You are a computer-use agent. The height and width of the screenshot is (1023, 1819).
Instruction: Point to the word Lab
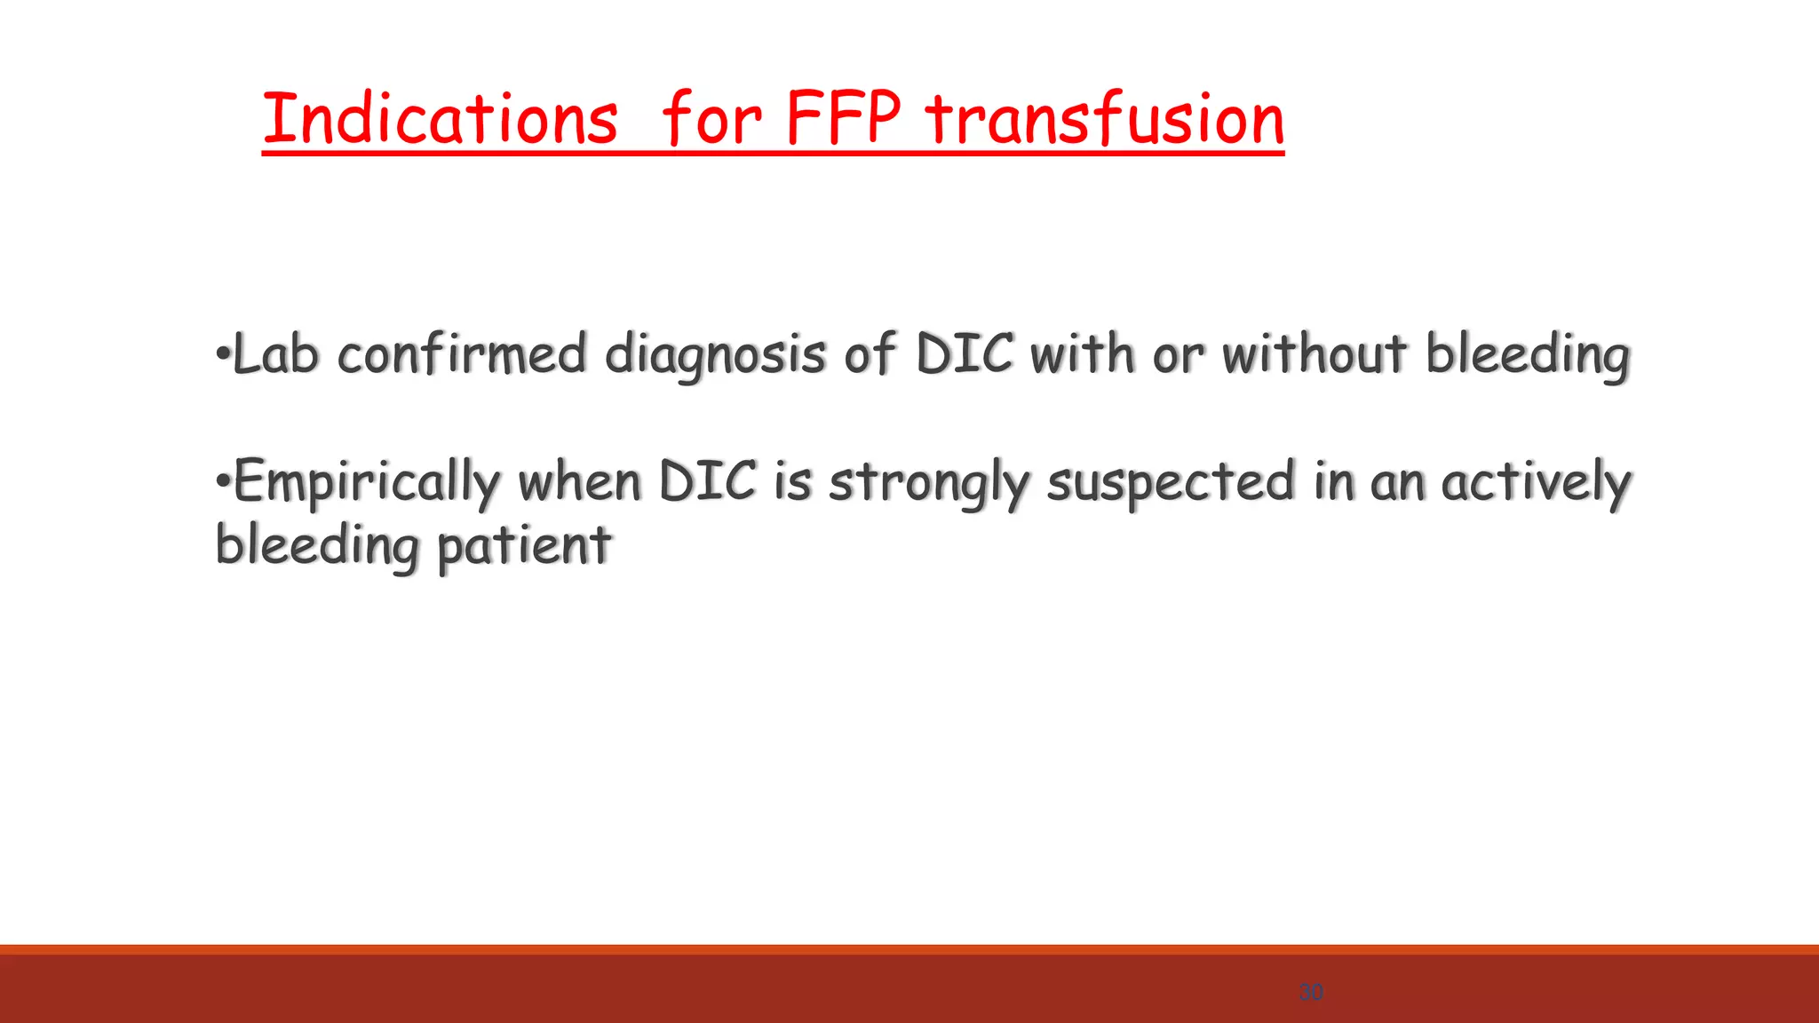pyautogui.click(x=275, y=354)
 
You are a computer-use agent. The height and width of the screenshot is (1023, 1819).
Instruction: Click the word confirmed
pyautogui.click(x=462, y=354)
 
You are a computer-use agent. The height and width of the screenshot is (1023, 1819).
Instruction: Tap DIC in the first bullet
pyautogui.click(x=964, y=354)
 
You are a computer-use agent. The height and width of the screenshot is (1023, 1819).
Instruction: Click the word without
pyautogui.click(x=1315, y=354)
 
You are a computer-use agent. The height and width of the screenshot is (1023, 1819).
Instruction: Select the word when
pyautogui.click(x=579, y=482)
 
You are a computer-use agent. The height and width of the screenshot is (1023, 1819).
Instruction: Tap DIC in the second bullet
pyautogui.click(x=708, y=482)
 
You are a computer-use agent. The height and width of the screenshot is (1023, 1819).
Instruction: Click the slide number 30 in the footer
pyautogui.click(x=1311, y=992)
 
